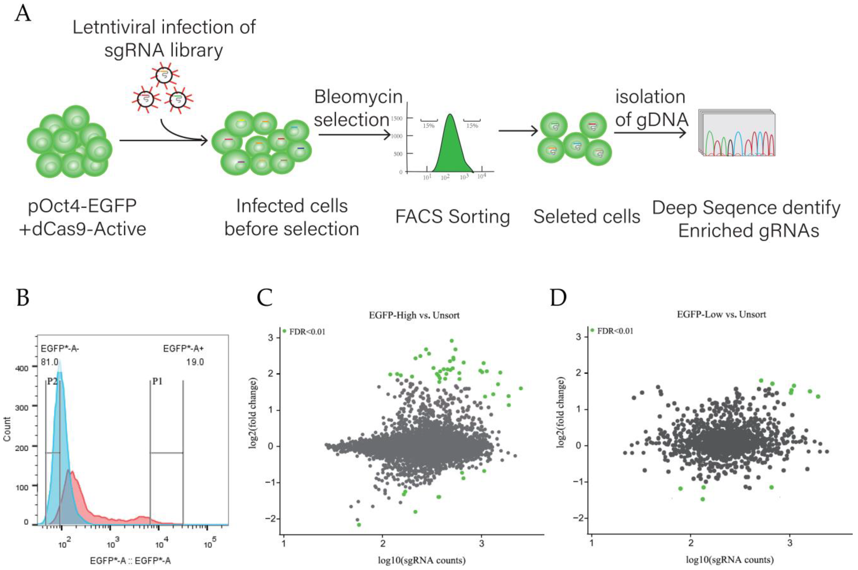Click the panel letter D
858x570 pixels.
pyautogui.click(x=558, y=298)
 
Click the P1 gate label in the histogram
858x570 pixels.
pyautogui.click(x=157, y=381)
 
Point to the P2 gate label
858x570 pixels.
pyautogui.click(x=52, y=382)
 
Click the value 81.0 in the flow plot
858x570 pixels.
pyautogui.click(x=49, y=362)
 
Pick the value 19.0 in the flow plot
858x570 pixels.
pyautogui.click(x=195, y=362)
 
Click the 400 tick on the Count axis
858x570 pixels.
pyautogui.click(x=21, y=368)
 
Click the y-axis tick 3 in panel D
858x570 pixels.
pyautogui.click(x=580, y=337)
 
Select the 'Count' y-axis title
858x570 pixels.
pyautogui.click(x=7, y=429)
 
